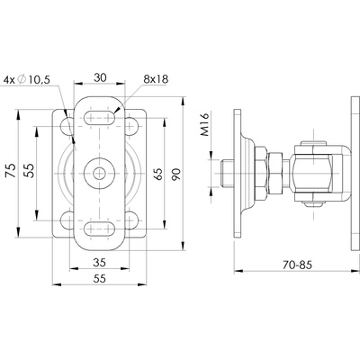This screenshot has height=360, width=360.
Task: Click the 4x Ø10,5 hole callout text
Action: click(x=26, y=80)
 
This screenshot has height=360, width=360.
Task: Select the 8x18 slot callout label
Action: click(x=156, y=79)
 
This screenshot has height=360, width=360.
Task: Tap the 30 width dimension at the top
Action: click(x=100, y=77)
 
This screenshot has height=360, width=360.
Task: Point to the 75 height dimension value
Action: click(x=12, y=170)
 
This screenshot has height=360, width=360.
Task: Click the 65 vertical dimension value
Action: click(x=158, y=174)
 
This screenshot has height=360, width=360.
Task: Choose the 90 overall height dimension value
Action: click(x=176, y=175)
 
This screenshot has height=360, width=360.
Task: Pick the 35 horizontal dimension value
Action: click(x=99, y=263)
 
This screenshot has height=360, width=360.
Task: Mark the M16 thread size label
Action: click(x=204, y=124)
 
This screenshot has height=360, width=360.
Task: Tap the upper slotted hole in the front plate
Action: click(x=99, y=118)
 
